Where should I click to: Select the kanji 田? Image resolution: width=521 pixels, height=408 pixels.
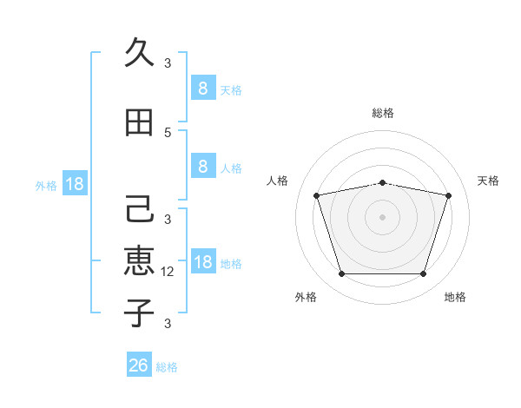[139, 122]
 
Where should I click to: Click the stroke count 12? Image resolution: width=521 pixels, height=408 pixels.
[168, 272]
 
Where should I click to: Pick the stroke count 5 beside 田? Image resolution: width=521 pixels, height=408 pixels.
[168, 132]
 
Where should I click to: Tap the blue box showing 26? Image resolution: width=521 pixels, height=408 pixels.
[138, 365]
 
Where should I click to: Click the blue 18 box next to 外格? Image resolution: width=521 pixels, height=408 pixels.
[74, 184]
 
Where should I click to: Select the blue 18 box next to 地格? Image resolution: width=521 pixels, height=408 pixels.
[202, 262]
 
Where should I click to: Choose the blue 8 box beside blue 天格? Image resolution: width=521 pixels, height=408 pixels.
[202, 88]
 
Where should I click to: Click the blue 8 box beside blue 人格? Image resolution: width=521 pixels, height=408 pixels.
[202, 167]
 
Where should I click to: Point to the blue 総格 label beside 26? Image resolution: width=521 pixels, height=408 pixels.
[167, 367]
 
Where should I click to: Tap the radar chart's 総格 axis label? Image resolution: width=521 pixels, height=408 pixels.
[382, 113]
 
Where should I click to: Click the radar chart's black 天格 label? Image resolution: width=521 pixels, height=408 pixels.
[488, 181]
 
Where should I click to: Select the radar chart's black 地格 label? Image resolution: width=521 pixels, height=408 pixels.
[455, 297]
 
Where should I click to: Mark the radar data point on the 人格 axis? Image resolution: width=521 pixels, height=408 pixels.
[317, 195]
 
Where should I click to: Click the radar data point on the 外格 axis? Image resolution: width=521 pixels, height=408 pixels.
[341, 274]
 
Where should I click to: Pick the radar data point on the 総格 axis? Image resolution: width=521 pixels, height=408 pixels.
[382, 182]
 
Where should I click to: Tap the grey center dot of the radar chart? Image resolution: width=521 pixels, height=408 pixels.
[382, 217]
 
